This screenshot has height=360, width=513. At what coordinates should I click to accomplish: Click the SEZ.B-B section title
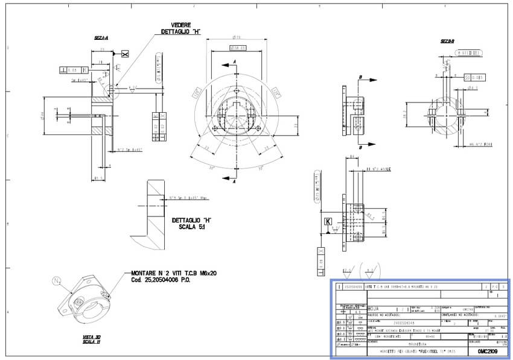click(447, 41)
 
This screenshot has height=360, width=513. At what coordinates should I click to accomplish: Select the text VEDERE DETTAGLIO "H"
click(180, 28)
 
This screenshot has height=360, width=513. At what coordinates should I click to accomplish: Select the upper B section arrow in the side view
click(360, 78)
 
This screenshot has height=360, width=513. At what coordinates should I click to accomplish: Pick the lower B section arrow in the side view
click(360, 145)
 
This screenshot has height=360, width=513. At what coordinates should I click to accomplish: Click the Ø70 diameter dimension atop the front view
click(237, 37)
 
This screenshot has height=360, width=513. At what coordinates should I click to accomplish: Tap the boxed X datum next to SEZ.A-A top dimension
click(124, 54)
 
